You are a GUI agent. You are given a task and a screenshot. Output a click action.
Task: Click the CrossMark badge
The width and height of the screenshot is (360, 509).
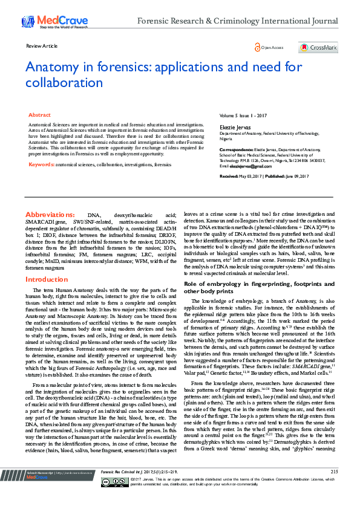point(318,47)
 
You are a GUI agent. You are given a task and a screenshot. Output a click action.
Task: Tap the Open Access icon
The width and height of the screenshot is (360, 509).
point(257,47)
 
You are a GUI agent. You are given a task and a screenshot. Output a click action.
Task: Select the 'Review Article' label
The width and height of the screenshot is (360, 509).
point(42,46)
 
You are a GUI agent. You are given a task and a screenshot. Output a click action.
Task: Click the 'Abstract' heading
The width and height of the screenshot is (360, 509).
point(39,114)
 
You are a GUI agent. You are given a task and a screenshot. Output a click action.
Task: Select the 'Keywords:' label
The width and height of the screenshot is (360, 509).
point(41,164)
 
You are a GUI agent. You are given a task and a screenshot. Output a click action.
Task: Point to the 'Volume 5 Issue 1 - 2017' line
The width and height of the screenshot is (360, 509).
point(242,115)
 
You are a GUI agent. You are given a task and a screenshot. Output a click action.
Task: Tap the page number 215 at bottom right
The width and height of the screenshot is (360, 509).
point(334,488)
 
